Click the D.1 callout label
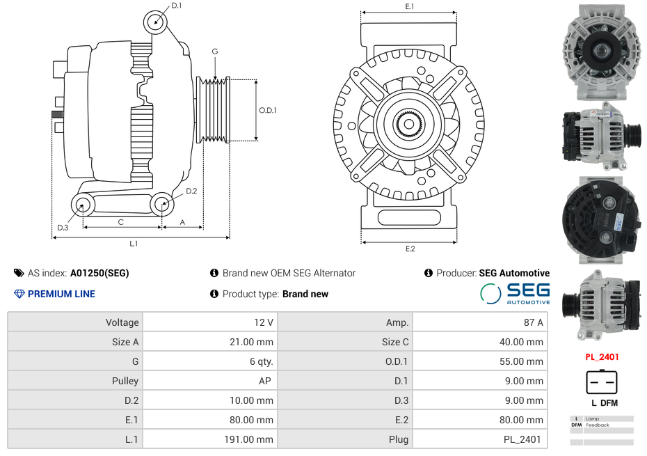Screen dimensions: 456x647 176,6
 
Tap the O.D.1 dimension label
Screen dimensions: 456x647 268,110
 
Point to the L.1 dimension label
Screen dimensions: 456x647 134,244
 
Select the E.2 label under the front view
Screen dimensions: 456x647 410,249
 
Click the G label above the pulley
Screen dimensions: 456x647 215,52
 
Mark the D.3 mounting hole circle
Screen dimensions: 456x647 83,205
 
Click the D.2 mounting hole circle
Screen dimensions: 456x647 161,204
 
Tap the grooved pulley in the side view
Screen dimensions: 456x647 214,110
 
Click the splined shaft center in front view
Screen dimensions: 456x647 409,125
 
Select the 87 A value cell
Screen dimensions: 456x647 480,322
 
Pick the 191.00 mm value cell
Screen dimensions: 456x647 209,439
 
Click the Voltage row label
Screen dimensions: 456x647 75,322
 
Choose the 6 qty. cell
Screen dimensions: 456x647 209,361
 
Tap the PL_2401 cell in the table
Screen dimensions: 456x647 480,439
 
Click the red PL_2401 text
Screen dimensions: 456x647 602,357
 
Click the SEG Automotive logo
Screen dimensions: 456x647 516,293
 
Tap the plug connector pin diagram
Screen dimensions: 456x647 602,382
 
